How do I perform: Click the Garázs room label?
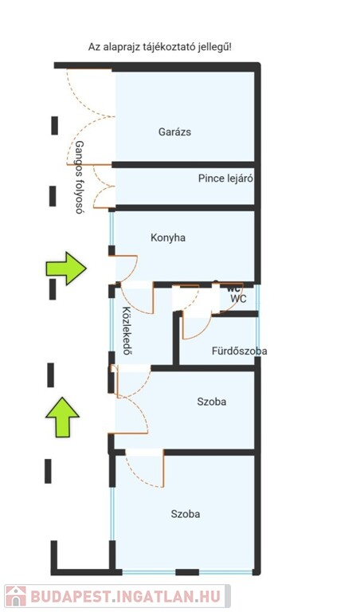coord(174,132)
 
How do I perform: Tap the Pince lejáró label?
coord(225,178)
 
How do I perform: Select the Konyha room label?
coord(168,237)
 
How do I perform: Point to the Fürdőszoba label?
coord(240,351)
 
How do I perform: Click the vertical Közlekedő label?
coord(127,331)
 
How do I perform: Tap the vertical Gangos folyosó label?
coord(79,177)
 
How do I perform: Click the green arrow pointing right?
coord(66,269)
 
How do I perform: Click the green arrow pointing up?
coord(62,417)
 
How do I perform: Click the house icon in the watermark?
coord(16,596)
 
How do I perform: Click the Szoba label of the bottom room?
coord(186,514)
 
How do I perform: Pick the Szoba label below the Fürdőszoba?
coord(211,402)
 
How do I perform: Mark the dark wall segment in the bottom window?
coord(187,572)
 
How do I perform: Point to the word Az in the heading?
coord(93,48)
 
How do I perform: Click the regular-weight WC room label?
coord(238,299)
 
